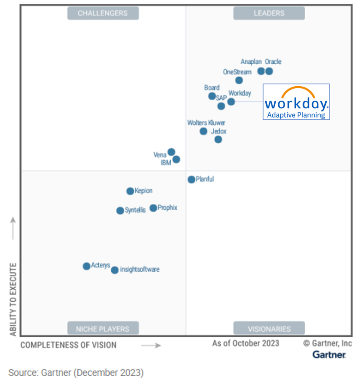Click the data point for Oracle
(x=269, y=71)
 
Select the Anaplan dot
(x=261, y=71)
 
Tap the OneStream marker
(x=239, y=80)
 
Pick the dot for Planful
(x=191, y=179)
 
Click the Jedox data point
(x=218, y=139)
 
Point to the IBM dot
(x=176, y=159)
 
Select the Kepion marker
(x=130, y=191)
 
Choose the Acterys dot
(x=86, y=266)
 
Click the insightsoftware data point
(x=114, y=270)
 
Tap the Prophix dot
(x=153, y=208)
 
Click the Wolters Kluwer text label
(x=206, y=123)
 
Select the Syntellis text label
(x=135, y=210)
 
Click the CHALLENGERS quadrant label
(x=103, y=13)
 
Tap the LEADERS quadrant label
(x=269, y=13)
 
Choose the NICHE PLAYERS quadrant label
(x=103, y=329)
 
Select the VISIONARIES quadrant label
(x=269, y=329)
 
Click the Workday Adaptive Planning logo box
(x=296, y=102)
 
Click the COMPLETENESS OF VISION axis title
(x=68, y=345)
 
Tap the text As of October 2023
(x=246, y=343)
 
